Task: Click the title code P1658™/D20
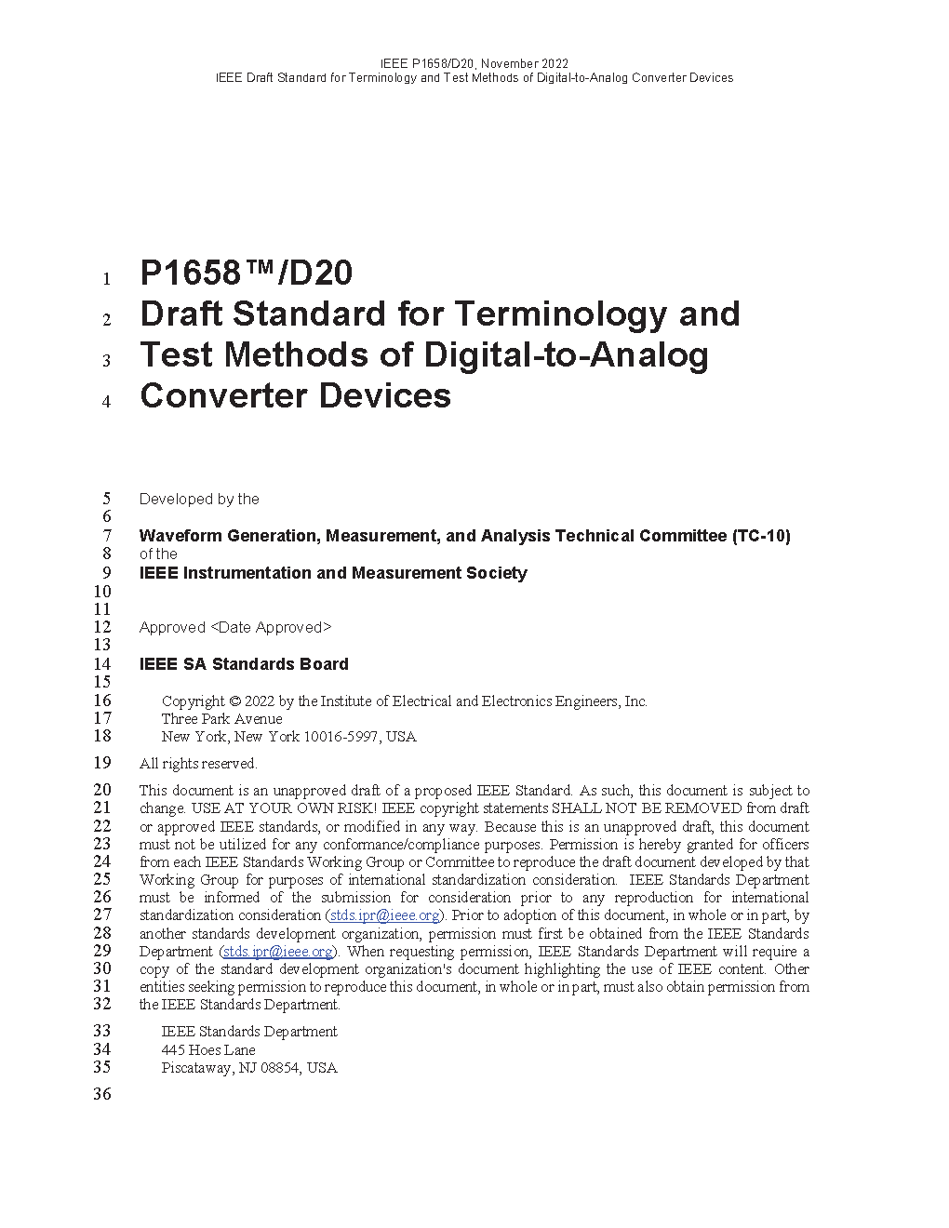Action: pyautogui.click(x=246, y=274)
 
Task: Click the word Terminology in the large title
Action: pyautogui.click(x=559, y=314)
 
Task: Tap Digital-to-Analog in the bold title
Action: pyautogui.click(x=566, y=355)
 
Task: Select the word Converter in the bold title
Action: pyautogui.click(x=223, y=396)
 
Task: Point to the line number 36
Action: pyautogui.click(x=101, y=1094)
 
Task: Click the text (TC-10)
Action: pyautogui.click(x=761, y=536)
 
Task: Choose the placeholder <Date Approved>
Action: pyautogui.click(x=271, y=628)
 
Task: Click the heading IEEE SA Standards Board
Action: pyautogui.click(x=244, y=664)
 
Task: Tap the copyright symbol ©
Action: pyautogui.click(x=234, y=701)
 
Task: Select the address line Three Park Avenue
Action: pyautogui.click(x=221, y=719)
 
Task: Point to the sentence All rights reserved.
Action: pyautogui.click(x=198, y=764)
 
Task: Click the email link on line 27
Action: pyautogui.click(x=384, y=915)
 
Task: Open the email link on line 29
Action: pyautogui.click(x=277, y=952)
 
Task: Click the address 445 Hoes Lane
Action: pyautogui.click(x=208, y=1050)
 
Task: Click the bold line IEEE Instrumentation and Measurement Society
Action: pyautogui.click(x=333, y=573)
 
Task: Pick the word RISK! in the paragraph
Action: pyautogui.click(x=354, y=808)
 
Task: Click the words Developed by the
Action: pyautogui.click(x=199, y=500)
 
